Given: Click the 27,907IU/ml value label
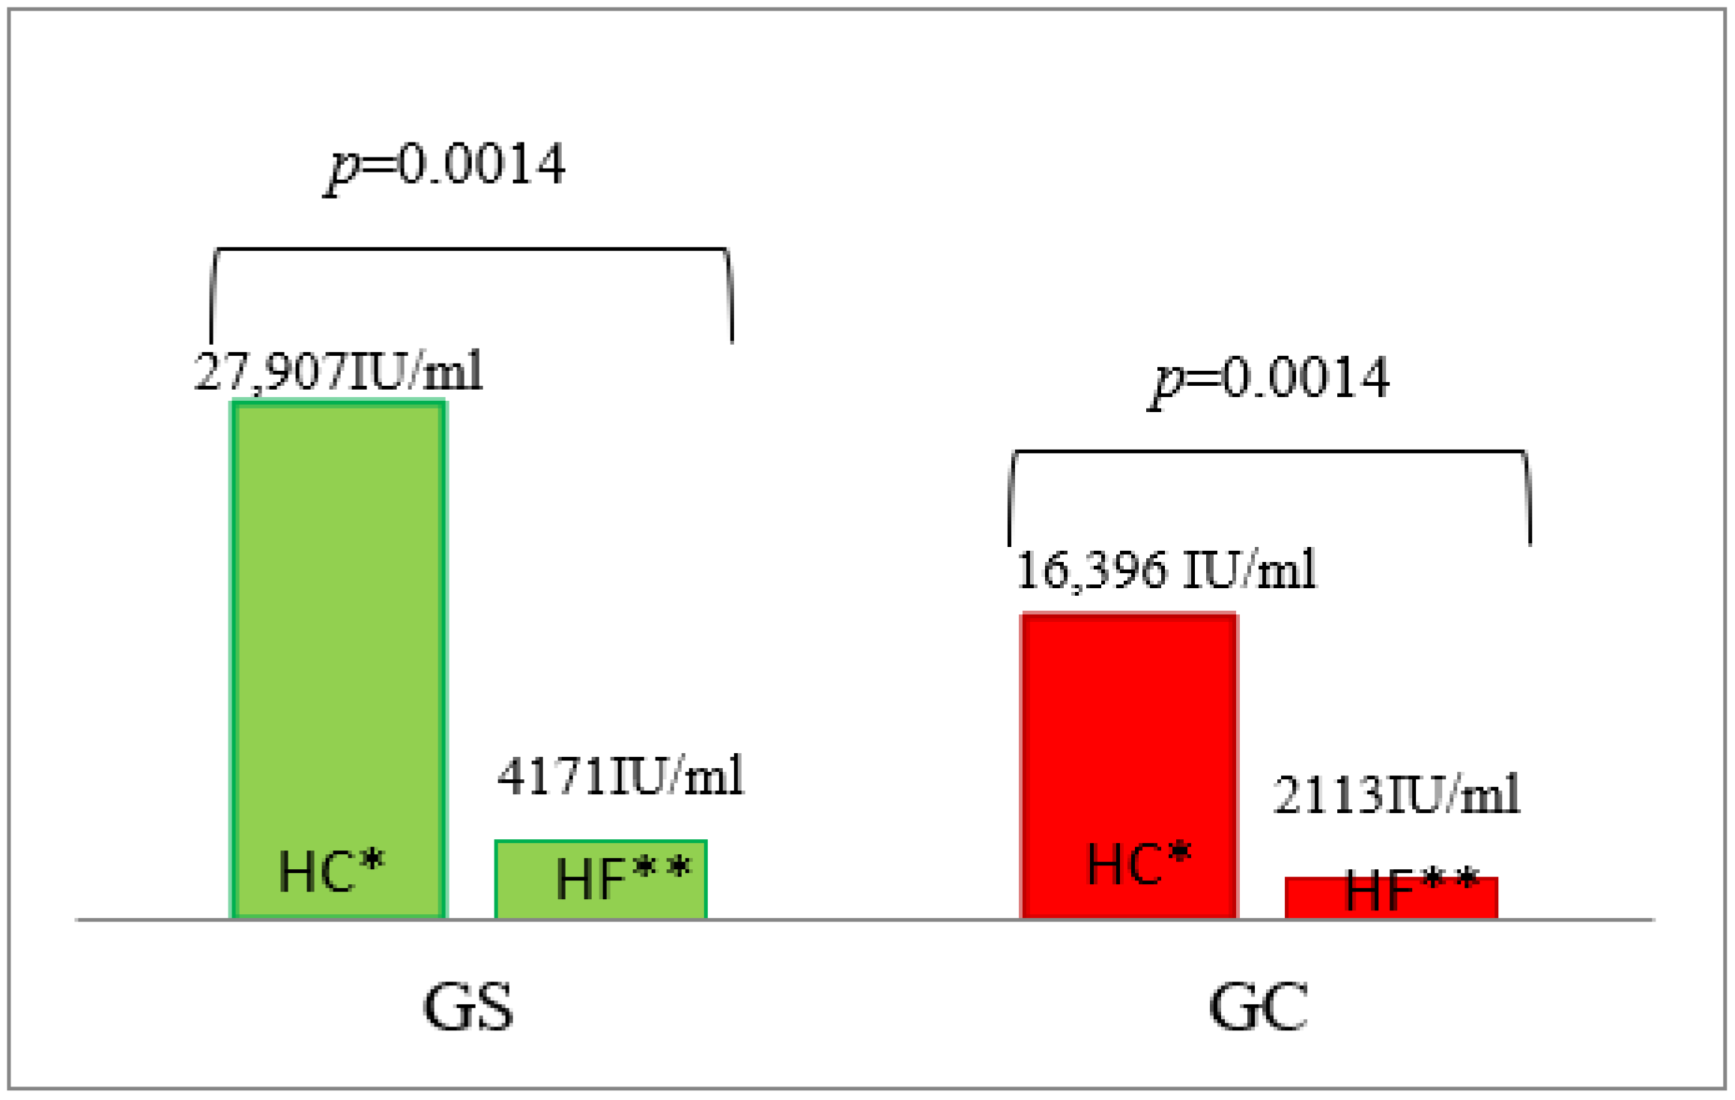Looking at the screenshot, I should (339, 372).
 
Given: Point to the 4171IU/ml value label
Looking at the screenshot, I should (620, 776).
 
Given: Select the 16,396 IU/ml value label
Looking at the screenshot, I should (1166, 569).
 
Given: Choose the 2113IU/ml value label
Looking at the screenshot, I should (1396, 794).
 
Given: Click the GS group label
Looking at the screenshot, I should (468, 1006).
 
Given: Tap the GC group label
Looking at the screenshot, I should (1259, 1006).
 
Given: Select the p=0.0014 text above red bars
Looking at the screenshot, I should (1270, 378).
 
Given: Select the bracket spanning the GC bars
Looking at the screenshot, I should (1270, 452).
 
